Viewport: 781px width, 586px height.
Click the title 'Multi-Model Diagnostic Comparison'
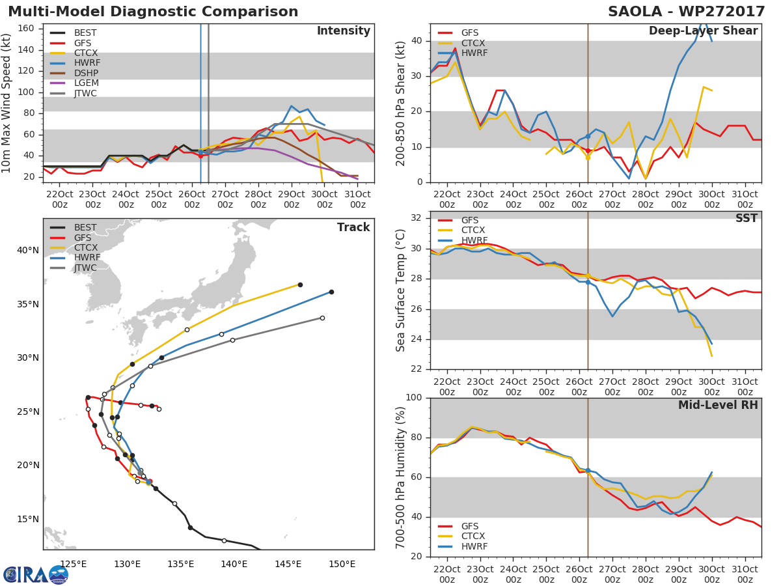[x=153, y=12]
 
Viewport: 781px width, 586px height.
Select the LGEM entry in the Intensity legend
[x=86, y=83]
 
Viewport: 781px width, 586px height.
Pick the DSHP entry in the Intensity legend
[x=86, y=73]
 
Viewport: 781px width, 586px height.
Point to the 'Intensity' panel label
[x=343, y=31]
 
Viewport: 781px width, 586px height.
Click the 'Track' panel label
[x=353, y=227]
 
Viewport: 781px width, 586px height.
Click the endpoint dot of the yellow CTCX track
[x=300, y=285]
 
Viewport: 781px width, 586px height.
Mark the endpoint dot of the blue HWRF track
[x=331, y=292]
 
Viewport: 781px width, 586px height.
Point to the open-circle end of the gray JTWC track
[x=322, y=318]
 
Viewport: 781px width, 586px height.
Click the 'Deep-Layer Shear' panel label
[x=703, y=31]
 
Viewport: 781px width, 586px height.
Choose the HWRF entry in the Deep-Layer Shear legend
[x=474, y=53]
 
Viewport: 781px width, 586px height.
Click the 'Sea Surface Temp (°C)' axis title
[x=401, y=290]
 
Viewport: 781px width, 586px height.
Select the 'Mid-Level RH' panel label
[x=718, y=406]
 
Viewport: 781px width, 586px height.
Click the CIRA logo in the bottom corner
[x=35, y=574]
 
